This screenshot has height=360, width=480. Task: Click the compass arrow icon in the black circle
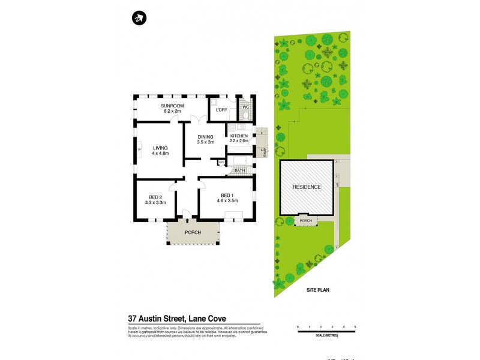(139, 19)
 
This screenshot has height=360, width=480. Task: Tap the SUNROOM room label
(172, 106)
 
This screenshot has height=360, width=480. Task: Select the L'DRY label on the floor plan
(221, 110)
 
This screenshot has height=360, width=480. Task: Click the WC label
(245, 107)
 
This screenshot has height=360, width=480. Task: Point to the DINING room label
(206, 136)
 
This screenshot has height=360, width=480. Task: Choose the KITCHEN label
(239, 136)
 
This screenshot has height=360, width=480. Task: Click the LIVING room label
(160, 148)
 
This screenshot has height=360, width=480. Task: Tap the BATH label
(239, 171)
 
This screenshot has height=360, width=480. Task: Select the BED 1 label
(226, 196)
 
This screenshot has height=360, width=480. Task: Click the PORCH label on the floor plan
(193, 232)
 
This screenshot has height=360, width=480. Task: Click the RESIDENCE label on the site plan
(307, 187)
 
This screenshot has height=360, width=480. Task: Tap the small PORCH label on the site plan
(307, 220)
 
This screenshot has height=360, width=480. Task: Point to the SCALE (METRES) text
(326, 335)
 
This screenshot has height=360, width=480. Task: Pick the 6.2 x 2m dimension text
(172, 111)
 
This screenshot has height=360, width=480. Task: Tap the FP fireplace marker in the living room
(139, 149)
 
